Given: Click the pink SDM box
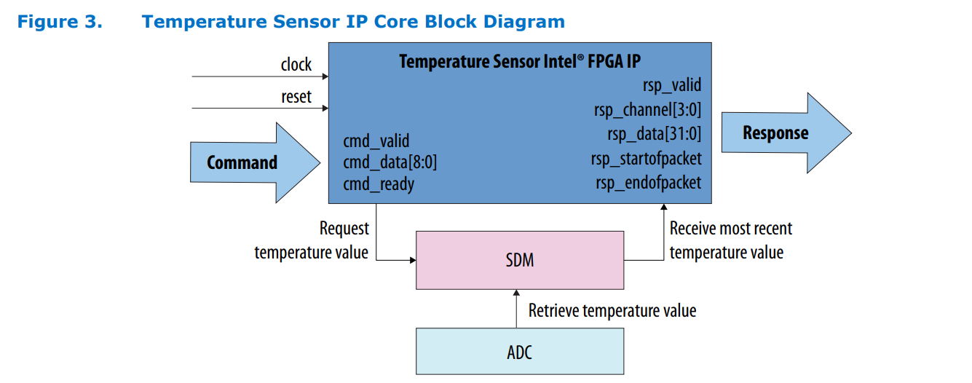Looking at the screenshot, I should pyautogui.click(x=519, y=260).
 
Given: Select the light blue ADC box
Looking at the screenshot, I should pyautogui.click(x=519, y=352).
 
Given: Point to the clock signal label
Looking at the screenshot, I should pyautogui.click(x=296, y=65).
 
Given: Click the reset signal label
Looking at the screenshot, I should pyautogui.click(x=296, y=97).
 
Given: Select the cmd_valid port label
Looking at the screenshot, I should pyautogui.click(x=376, y=141).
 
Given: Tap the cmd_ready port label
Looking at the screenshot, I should pyautogui.click(x=378, y=184).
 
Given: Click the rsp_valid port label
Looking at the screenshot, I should pyautogui.click(x=671, y=85).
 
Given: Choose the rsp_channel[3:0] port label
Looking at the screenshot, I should pyautogui.click(x=647, y=110).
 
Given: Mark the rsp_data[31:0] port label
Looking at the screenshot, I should pyautogui.click(x=654, y=134).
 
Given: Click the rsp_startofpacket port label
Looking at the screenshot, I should pyautogui.click(x=646, y=158).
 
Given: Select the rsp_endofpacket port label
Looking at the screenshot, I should pyautogui.click(x=648, y=182).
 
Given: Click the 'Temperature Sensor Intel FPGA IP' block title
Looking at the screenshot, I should pyautogui.click(x=519, y=61).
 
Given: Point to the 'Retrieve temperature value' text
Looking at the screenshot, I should pyautogui.click(x=612, y=311).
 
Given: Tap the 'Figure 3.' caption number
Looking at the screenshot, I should pyautogui.click(x=60, y=22).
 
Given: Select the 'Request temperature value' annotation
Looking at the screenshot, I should pyautogui.click(x=312, y=240).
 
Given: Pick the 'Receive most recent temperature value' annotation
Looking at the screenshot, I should pyautogui.click(x=730, y=240).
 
